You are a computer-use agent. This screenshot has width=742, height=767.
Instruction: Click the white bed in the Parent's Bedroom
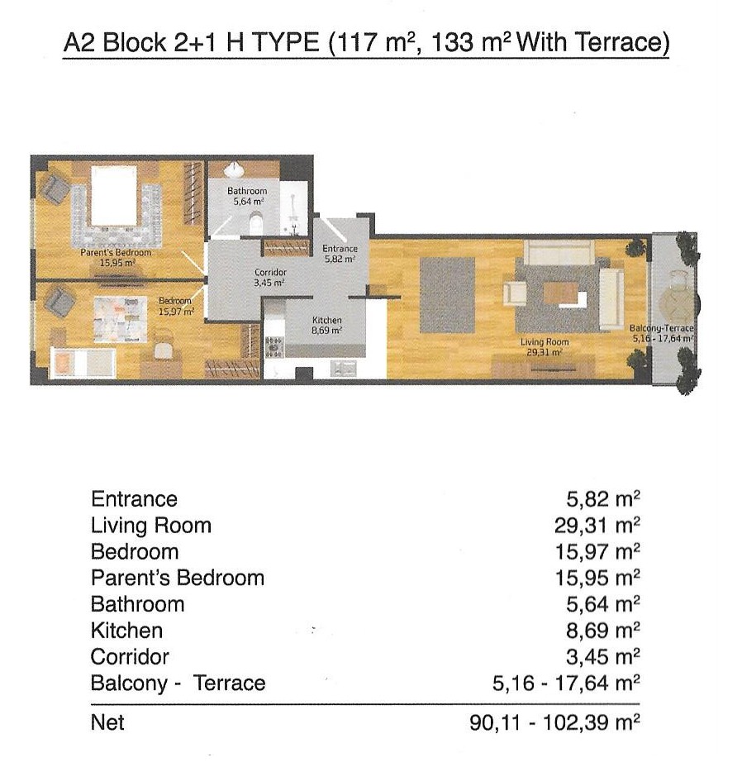tap(115, 196)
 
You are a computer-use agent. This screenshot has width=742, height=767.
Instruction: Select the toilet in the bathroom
tap(256, 223)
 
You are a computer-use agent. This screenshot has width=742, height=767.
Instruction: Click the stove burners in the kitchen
tap(273, 346)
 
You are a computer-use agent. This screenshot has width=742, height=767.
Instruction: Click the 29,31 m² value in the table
tap(597, 526)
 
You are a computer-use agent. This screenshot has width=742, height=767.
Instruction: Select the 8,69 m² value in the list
tap(602, 631)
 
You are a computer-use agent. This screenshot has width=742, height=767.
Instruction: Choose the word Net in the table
tap(107, 722)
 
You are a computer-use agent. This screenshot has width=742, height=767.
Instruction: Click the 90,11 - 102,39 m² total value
tap(554, 722)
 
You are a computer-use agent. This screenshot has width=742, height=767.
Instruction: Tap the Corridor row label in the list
tap(130, 657)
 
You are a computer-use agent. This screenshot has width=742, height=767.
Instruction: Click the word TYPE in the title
tap(286, 42)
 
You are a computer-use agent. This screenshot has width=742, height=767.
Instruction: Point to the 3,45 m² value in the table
tap(602, 657)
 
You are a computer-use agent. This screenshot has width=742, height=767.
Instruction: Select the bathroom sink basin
tap(234, 169)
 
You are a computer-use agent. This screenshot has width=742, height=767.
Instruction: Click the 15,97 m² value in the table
tap(597, 552)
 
